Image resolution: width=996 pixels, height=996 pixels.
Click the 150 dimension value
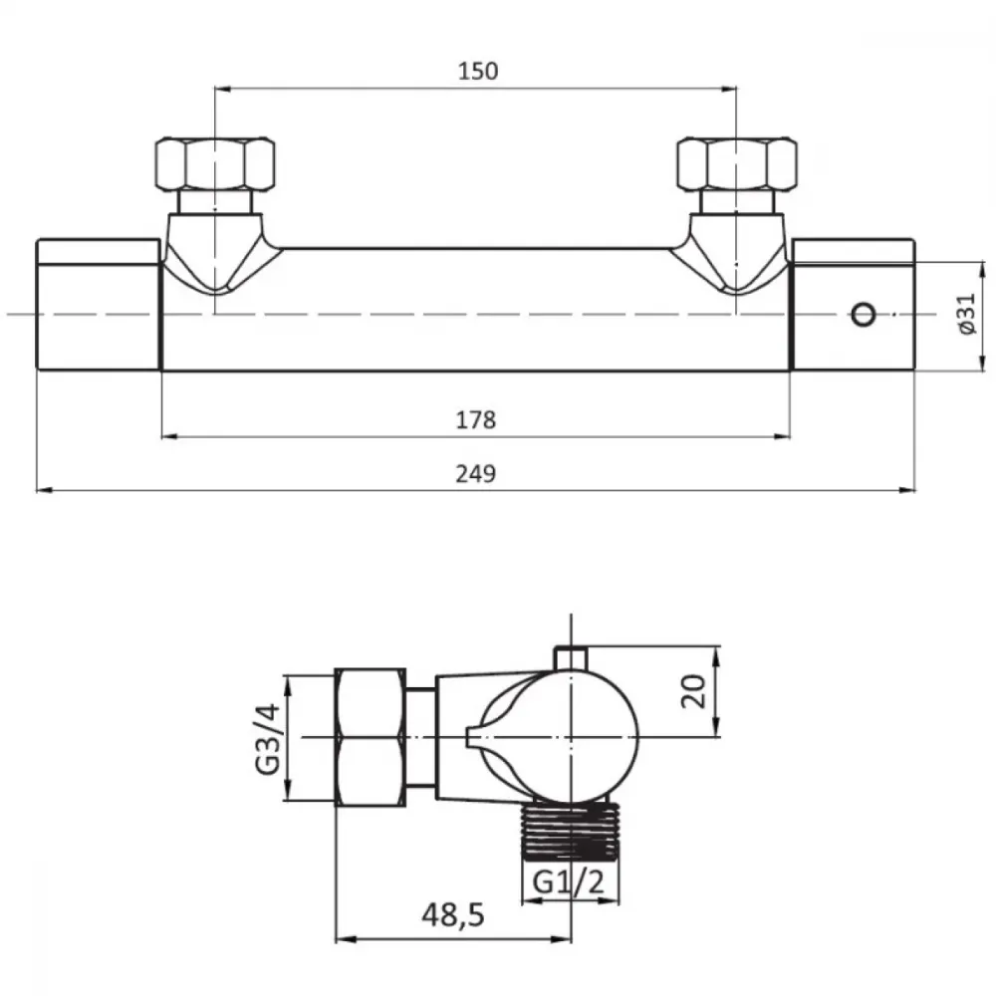(478, 71)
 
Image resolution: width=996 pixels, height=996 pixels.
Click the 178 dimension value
(476, 420)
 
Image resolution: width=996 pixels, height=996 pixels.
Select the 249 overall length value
(476, 474)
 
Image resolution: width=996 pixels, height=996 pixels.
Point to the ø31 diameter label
(966, 314)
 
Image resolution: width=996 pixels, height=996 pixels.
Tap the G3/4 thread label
(267, 738)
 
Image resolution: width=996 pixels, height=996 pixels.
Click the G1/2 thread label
(569, 881)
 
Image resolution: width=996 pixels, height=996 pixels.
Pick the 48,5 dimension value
(453, 915)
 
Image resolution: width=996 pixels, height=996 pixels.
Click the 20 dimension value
(693, 691)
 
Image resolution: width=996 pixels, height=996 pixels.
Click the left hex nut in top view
(215, 163)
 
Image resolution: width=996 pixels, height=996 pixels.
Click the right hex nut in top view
(737, 163)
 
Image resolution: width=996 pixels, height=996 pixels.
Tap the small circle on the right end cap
(864, 315)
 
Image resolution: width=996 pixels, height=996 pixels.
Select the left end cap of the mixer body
(98, 304)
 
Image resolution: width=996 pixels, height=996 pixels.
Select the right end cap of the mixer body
(854, 304)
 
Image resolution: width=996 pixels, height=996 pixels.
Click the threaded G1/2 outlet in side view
(570, 831)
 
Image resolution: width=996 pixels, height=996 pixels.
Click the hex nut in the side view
(371, 737)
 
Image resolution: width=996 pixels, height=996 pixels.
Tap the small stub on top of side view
(571, 658)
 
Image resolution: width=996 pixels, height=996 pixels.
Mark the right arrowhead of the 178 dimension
(782, 436)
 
